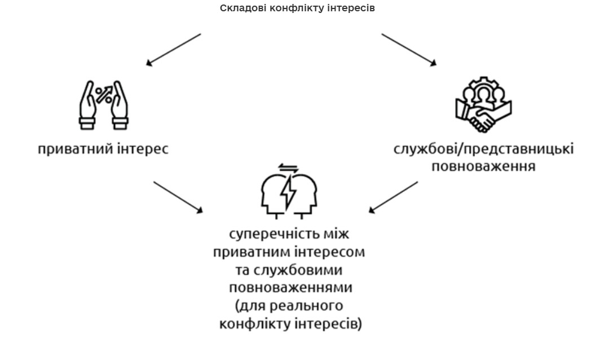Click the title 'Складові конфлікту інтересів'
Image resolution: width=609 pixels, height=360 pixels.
pos(297,8)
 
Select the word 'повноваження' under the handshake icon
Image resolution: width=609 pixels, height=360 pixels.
pos(483,167)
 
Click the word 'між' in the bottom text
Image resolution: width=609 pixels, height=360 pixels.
pos(343,234)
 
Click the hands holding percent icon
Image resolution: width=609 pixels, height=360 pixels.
pos(103,104)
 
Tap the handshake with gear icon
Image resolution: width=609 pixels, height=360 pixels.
pos(483,105)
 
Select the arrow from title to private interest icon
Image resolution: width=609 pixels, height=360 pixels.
pos(174,50)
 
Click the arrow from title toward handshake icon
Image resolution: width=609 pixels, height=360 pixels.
pos(409,50)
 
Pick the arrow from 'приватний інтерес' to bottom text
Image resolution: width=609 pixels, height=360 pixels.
pos(178,197)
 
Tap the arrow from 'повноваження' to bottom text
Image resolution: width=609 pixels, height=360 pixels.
pos(394,197)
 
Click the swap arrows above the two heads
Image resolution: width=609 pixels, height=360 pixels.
pos(289,168)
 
